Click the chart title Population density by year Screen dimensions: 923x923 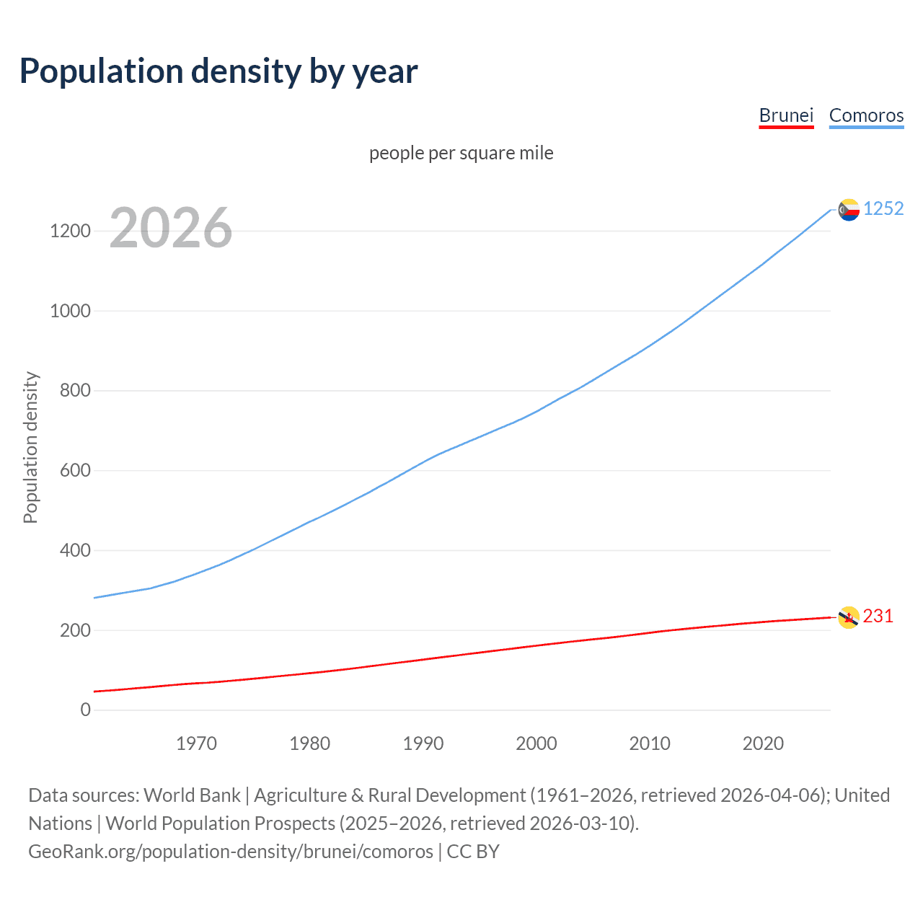218,71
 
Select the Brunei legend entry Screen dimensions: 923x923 786,115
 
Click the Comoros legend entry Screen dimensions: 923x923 866,115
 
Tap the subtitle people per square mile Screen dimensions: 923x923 461,153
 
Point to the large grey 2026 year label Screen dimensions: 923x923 171,228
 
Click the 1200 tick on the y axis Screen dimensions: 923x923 70,231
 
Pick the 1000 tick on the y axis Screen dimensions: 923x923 70,311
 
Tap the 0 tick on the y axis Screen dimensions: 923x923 86,710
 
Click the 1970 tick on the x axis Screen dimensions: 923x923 196,743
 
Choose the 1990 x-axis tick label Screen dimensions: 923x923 423,743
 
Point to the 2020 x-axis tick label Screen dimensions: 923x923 763,743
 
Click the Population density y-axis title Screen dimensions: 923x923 30,447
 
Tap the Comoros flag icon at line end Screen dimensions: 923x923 849,210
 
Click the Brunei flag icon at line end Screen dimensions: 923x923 849,617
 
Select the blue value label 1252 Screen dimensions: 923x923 883,208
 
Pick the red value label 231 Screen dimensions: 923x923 878,616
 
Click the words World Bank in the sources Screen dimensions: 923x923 192,795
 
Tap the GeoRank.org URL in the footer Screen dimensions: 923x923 231,851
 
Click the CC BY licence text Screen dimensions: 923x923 473,851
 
